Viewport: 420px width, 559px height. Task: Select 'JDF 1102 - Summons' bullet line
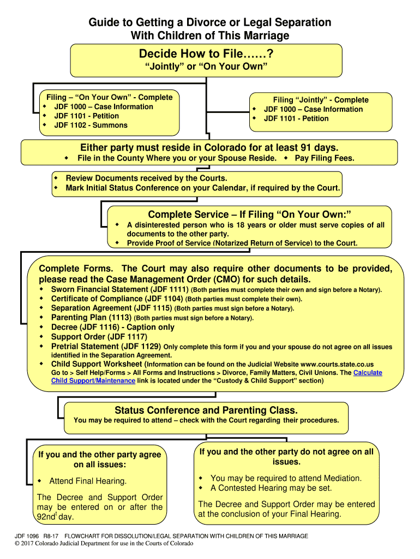point(91,125)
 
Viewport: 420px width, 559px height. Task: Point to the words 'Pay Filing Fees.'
point(325,158)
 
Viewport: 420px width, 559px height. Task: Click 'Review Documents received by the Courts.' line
point(146,179)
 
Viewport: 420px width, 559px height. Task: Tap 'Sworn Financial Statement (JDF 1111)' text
point(119,289)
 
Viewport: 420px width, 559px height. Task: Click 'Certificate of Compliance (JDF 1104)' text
point(117,299)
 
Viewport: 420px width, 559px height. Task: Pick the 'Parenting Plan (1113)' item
point(91,317)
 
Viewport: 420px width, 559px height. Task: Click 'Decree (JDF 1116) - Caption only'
point(113,327)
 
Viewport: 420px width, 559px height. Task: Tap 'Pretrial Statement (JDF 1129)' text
point(106,346)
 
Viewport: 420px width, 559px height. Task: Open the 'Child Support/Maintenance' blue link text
point(93,380)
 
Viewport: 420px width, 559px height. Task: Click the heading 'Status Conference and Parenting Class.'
point(206,410)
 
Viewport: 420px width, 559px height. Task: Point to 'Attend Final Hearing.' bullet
point(88,481)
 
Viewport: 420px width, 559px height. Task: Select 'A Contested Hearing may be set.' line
point(271,488)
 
